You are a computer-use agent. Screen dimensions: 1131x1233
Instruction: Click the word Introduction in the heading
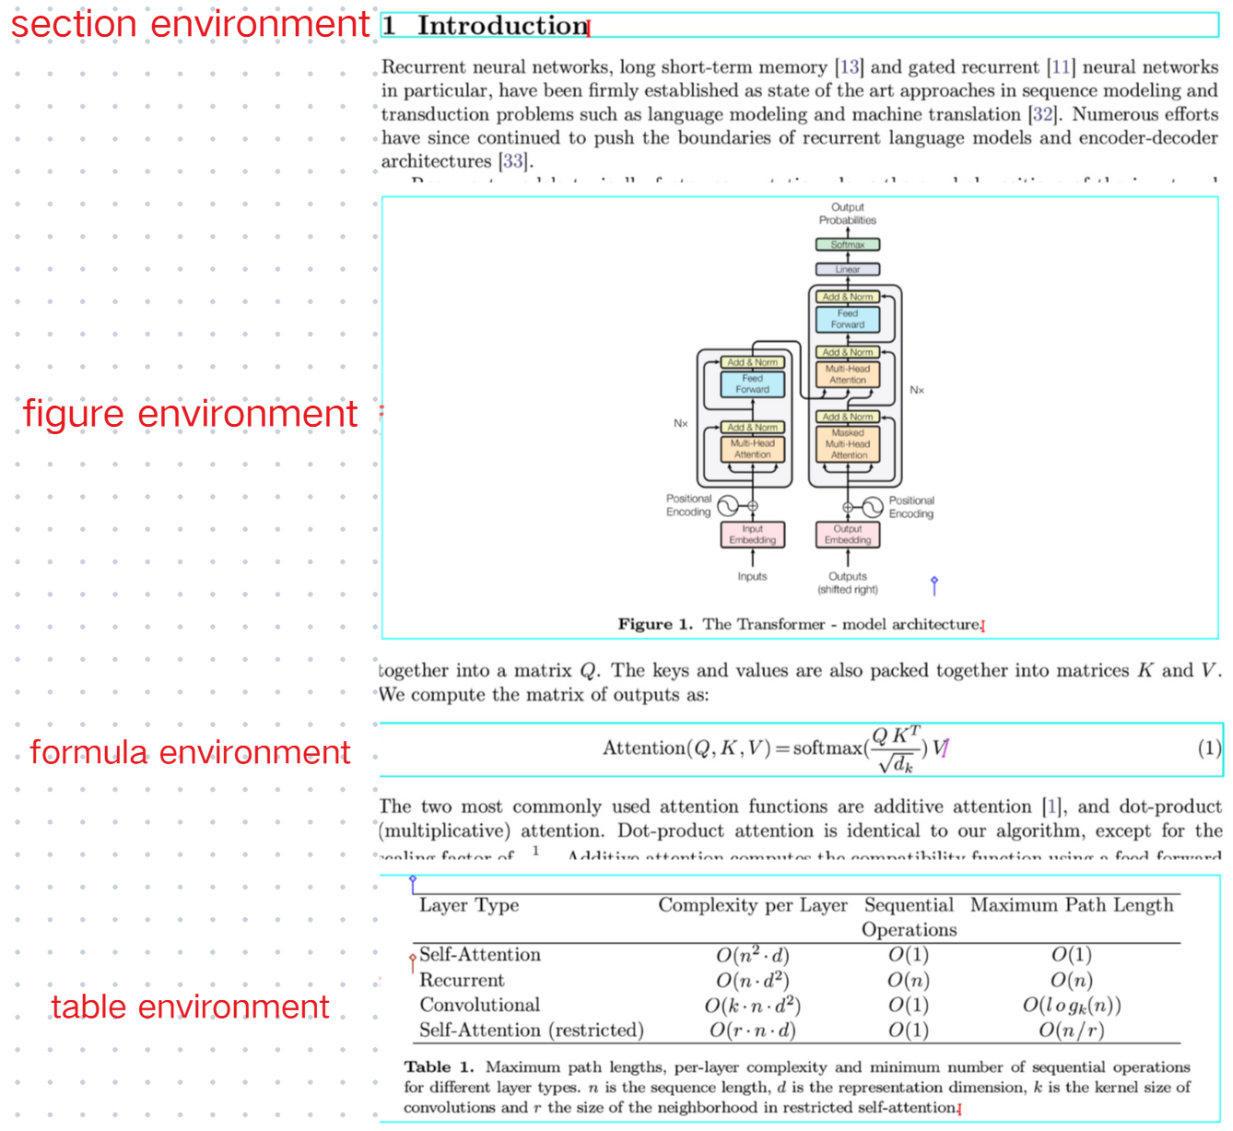tap(502, 26)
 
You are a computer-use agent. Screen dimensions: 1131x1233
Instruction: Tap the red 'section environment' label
tap(190, 24)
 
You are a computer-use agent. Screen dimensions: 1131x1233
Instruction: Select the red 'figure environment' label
tap(190, 414)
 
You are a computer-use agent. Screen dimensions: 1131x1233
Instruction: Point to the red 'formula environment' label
tap(190, 752)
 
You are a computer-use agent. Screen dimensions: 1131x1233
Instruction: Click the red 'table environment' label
tap(190, 1007)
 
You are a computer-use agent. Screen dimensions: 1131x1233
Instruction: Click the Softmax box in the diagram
tap(848, 245)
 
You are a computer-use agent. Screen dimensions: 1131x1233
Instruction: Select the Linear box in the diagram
tap(848, 269)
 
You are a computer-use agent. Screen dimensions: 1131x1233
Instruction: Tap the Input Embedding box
tap(753, 535)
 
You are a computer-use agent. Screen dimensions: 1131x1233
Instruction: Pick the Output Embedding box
tap(848, 535)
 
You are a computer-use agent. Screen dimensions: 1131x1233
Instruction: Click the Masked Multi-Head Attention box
tap(848, 444)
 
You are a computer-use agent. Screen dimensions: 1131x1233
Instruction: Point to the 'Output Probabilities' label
tap(848, 214)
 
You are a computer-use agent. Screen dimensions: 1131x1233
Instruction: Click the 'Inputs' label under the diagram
tap(752, 577)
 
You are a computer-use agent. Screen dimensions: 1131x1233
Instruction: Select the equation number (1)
tap(1209, 748)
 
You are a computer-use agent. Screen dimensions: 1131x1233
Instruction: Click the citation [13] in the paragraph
tap(849, 67)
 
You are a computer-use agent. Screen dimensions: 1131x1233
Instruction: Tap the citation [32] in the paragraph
tap(1042, 114)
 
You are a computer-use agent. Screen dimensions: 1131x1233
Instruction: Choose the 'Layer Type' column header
tap(469, 905)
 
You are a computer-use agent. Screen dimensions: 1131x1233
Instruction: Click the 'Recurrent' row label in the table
tap(462, 980)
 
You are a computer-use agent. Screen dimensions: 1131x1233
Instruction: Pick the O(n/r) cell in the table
tap(1071, 1030)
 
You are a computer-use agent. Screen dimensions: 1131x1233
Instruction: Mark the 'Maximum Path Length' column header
tap(1072, 905)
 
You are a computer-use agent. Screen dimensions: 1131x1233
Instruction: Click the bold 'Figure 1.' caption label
tap(654, 624)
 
